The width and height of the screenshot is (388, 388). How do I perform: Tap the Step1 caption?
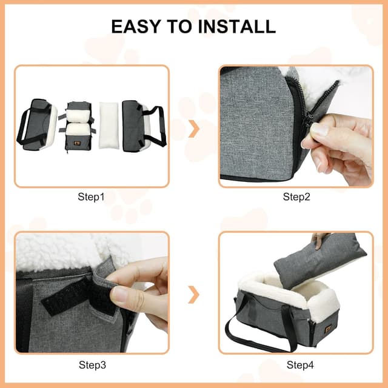tap(91, 196)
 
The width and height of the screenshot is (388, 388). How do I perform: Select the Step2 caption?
tap(296, 196)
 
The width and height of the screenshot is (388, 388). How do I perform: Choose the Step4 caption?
tap(296, 365)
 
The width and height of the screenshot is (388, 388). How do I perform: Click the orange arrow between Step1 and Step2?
tap(194, 129)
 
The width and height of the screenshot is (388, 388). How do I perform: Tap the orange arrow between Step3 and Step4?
tap(194, 295)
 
